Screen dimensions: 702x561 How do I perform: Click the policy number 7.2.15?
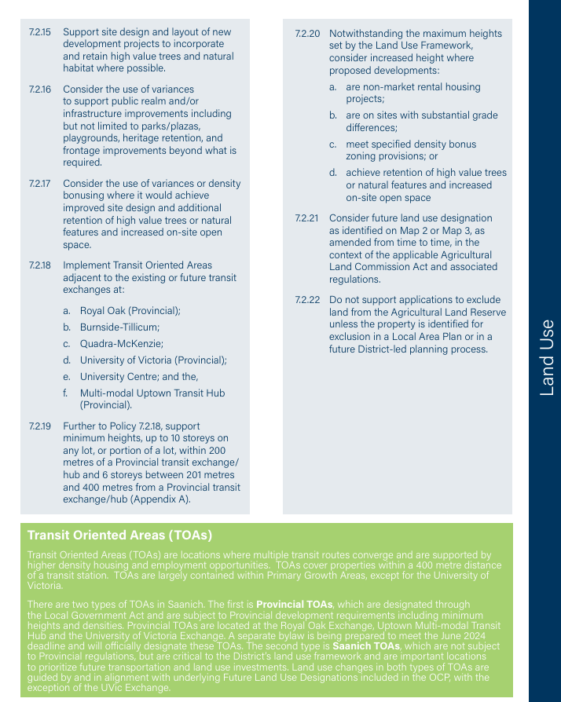tap(39, 32)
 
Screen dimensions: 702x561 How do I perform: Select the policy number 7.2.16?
tap(39, 90)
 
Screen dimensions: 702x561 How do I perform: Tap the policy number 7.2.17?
tap(39, 184)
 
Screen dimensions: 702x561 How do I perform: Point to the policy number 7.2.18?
tap(39, 265)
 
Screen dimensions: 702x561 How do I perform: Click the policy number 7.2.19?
tap(39, 426)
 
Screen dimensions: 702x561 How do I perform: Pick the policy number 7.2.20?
tap(307, 34)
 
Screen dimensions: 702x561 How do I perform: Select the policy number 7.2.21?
tap(307, 218)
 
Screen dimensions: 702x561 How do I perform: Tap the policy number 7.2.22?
tap(307, 300)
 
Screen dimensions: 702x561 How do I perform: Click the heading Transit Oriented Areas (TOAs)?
tap(119, 536)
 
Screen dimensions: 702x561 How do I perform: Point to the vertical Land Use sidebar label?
tap(547, 357)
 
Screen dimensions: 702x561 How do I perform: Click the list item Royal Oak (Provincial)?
tap(130, 311)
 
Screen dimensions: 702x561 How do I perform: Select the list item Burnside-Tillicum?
tap(119, 327)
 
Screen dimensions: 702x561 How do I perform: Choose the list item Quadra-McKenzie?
tap(121, 344)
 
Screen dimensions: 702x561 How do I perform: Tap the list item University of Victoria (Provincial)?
tap(153, 360)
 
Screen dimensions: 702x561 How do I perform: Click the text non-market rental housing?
tap(413, 87)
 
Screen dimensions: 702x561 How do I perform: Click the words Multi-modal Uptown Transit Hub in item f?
tap(156, 393)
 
